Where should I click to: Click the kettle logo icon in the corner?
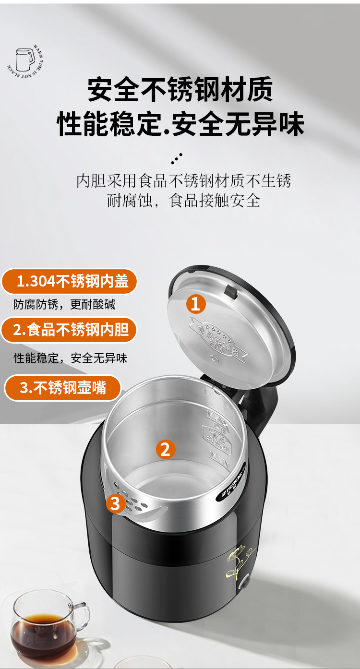tap(26, 60)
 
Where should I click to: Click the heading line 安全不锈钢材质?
tap(180, 90)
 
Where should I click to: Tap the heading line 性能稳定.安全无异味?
tap(180, 124)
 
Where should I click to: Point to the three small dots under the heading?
tap(177, 158)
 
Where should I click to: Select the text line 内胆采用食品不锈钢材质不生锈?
tap(184, 180)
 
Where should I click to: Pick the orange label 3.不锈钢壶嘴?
tap(62, 388)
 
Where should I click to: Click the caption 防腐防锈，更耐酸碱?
tap(64, 304)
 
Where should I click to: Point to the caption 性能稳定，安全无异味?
tap(70, 358)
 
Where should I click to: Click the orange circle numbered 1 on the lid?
tap(195, 304)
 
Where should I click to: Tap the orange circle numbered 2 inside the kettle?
tap(165, 449)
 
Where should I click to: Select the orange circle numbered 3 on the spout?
tap(115, 503)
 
